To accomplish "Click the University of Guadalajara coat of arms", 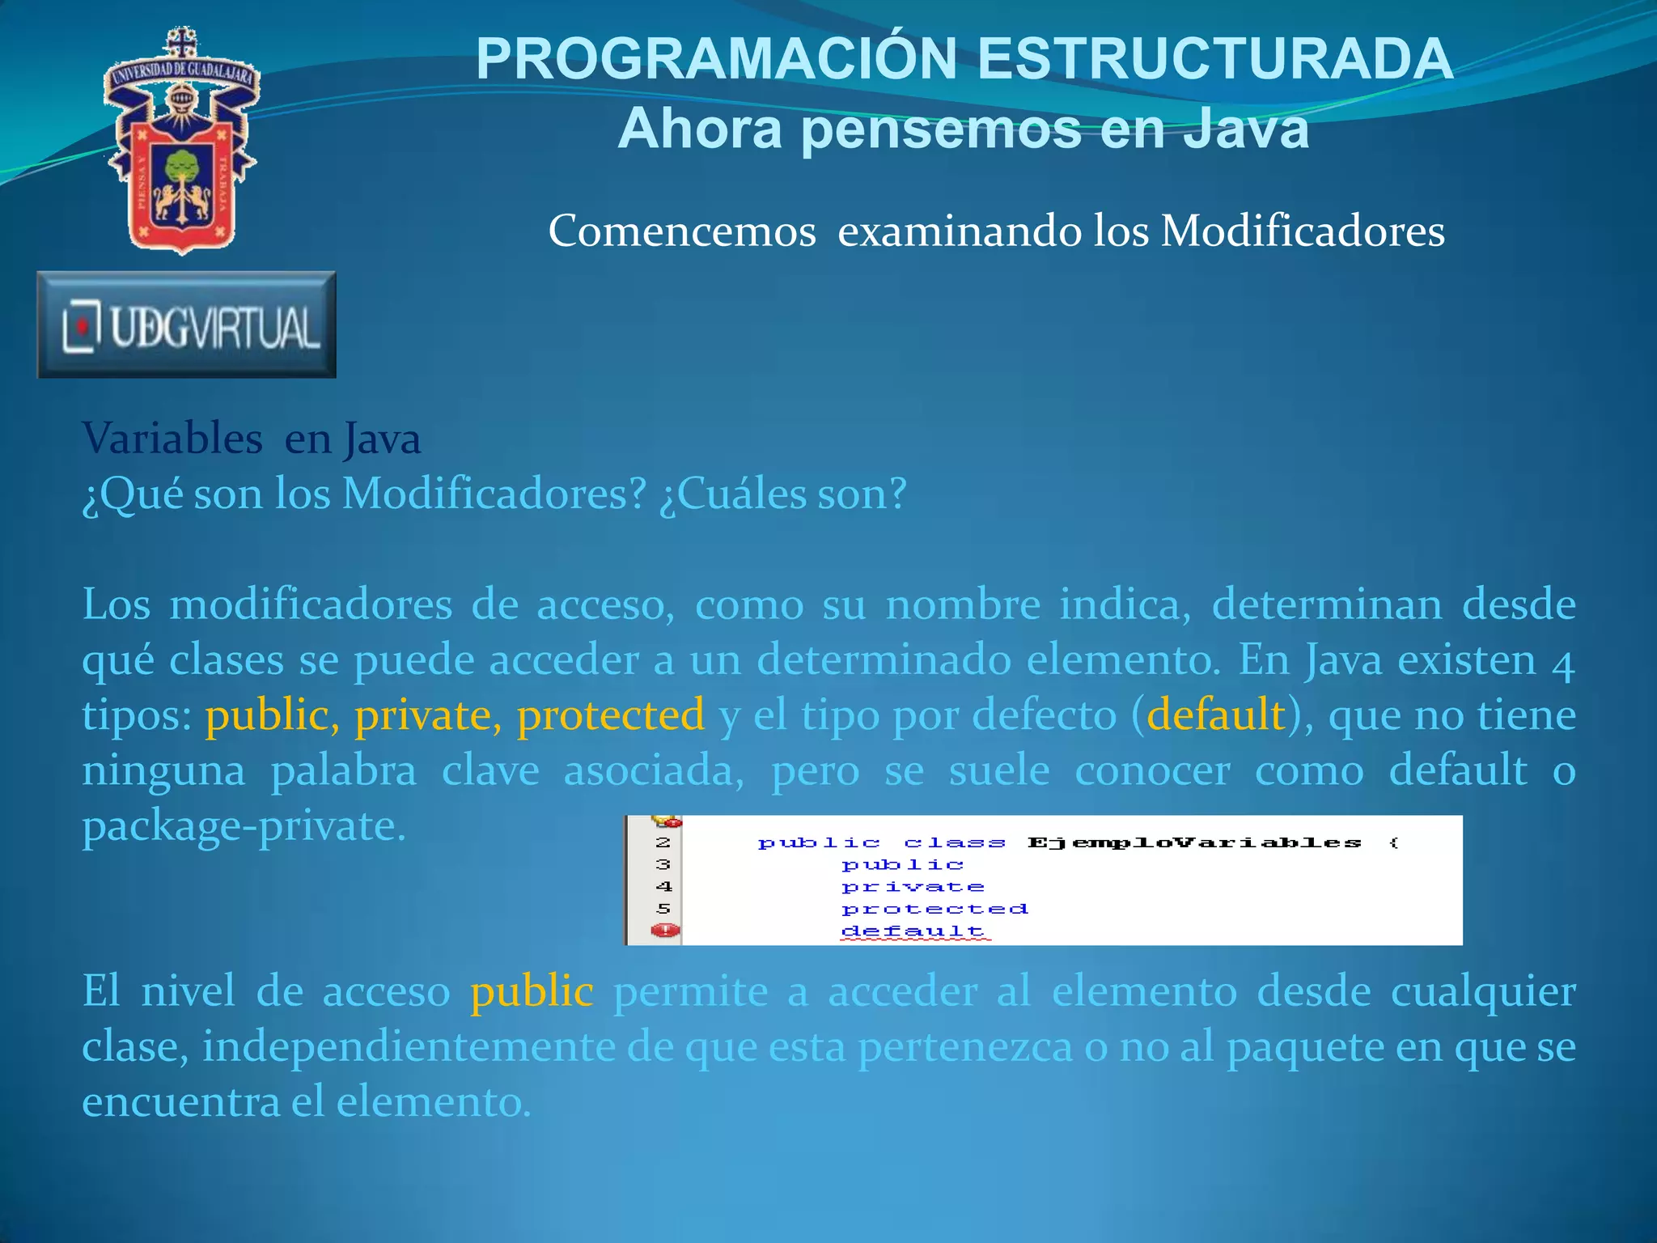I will coord(181,142).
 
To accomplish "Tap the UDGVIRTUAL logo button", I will coord(187,325).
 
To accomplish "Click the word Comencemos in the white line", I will coord(682,231).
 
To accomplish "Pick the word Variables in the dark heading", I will coord(172,439).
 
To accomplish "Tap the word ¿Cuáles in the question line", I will coord(733,494).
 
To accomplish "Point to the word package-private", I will coord(244,826).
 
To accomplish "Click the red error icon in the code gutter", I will coord(666,931).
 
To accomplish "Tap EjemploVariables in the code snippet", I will coord(1194,843).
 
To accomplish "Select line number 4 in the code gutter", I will coord(664,887).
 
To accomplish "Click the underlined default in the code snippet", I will coord(913,931).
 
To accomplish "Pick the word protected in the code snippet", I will coord(935,910).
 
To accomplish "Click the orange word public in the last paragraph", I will coord(532,991).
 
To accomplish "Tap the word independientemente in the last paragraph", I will coord(409,1047).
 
